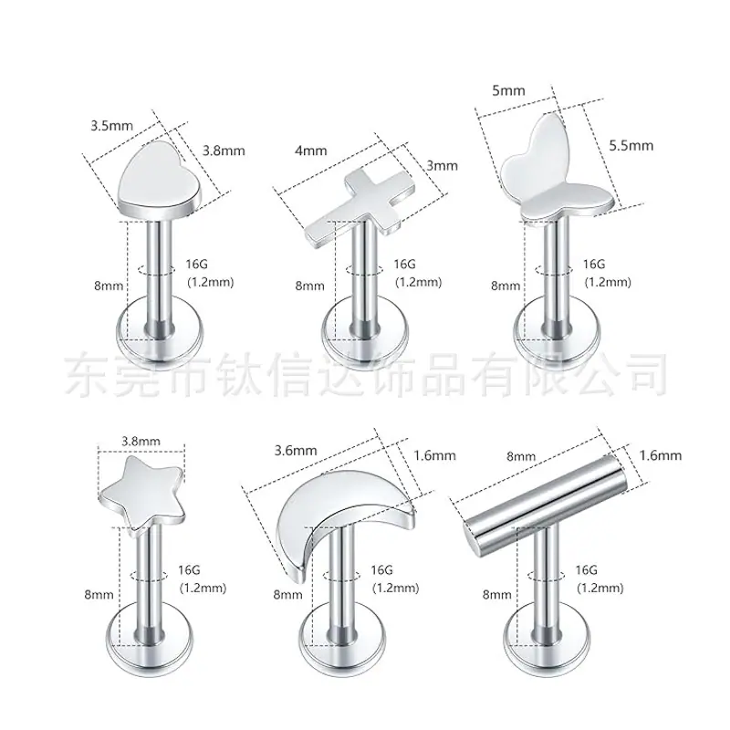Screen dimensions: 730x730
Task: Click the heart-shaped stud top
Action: (159, 179)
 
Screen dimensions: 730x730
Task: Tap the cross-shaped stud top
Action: (360, 203)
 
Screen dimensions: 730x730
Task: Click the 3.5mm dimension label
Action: (111, 126)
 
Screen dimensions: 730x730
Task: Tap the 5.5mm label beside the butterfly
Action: (631, 146)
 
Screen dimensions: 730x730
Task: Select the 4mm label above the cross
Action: (310, 151)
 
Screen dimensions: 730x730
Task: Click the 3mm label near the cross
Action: (442, 166)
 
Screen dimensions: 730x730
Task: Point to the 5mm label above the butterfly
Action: (508, 90)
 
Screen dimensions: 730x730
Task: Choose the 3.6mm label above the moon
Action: (295, 450)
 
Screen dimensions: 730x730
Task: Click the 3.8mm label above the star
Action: (141, 441)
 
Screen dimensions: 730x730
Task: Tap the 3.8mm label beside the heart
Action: (224, 151)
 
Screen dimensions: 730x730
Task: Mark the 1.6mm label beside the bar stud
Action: (660, 454)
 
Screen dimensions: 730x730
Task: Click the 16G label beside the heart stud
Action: (196, 264)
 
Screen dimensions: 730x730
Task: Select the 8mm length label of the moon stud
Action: (287, 595)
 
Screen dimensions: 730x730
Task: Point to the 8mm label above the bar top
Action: (521, 457)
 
